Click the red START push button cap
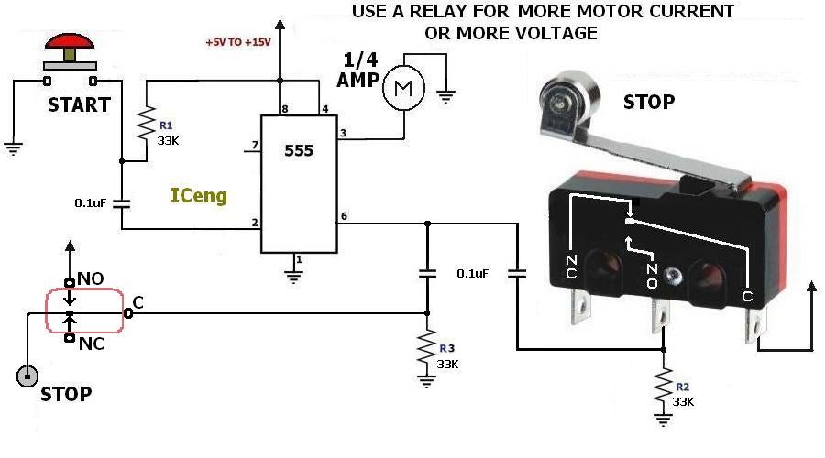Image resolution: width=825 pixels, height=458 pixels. tap(69, 43)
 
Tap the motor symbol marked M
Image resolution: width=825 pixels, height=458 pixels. tap(401, 89)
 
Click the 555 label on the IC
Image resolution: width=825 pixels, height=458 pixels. tap(298, 150)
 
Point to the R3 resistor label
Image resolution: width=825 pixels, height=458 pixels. tap(447, 348)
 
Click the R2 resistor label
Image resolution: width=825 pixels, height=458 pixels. tap(681, 387)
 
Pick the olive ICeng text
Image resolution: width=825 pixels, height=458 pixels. tap(199, 195)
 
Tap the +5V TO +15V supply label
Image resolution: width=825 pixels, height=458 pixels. tap(237, 41)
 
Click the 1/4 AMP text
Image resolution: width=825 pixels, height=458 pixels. tap(357, 70)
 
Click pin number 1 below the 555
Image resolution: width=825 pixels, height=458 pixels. tap(297, 260)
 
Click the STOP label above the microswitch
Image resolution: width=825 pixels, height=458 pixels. tap(648, 102)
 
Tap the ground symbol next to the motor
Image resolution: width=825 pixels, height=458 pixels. tap(446, 94)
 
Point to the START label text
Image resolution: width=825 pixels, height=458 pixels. tap(79, 104)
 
